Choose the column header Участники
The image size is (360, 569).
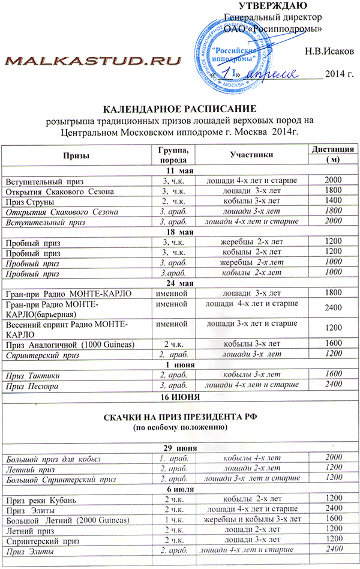251,155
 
